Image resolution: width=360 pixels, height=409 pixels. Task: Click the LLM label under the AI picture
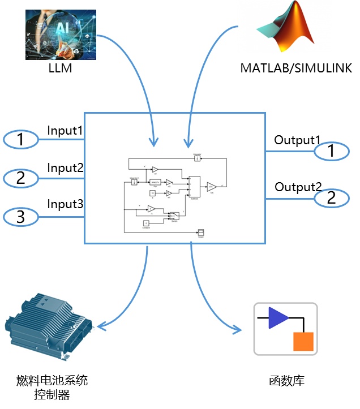pos(61,69)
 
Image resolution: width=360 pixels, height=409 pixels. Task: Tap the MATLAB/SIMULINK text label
pos(296,68)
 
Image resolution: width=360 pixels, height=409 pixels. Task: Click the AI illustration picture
pos(61,32)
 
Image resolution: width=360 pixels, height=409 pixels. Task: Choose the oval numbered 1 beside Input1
pos(21,140)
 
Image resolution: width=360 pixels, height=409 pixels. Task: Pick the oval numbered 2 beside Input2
pos(21,178)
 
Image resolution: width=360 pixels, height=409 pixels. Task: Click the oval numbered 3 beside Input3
pos(21,216)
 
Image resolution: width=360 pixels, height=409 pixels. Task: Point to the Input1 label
pos(65,131)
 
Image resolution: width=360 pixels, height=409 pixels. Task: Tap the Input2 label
pos(65,168)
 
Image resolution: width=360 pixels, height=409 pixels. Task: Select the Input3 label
pos(65,204)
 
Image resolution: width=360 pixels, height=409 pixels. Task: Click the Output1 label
pos(297,140)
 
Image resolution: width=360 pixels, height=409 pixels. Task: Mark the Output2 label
pos(298,187)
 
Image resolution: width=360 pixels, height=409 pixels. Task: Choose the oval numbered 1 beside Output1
pos(332,150)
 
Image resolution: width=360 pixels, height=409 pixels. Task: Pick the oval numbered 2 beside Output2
pos(332,197)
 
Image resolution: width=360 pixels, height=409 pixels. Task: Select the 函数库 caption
pos(286,381)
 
